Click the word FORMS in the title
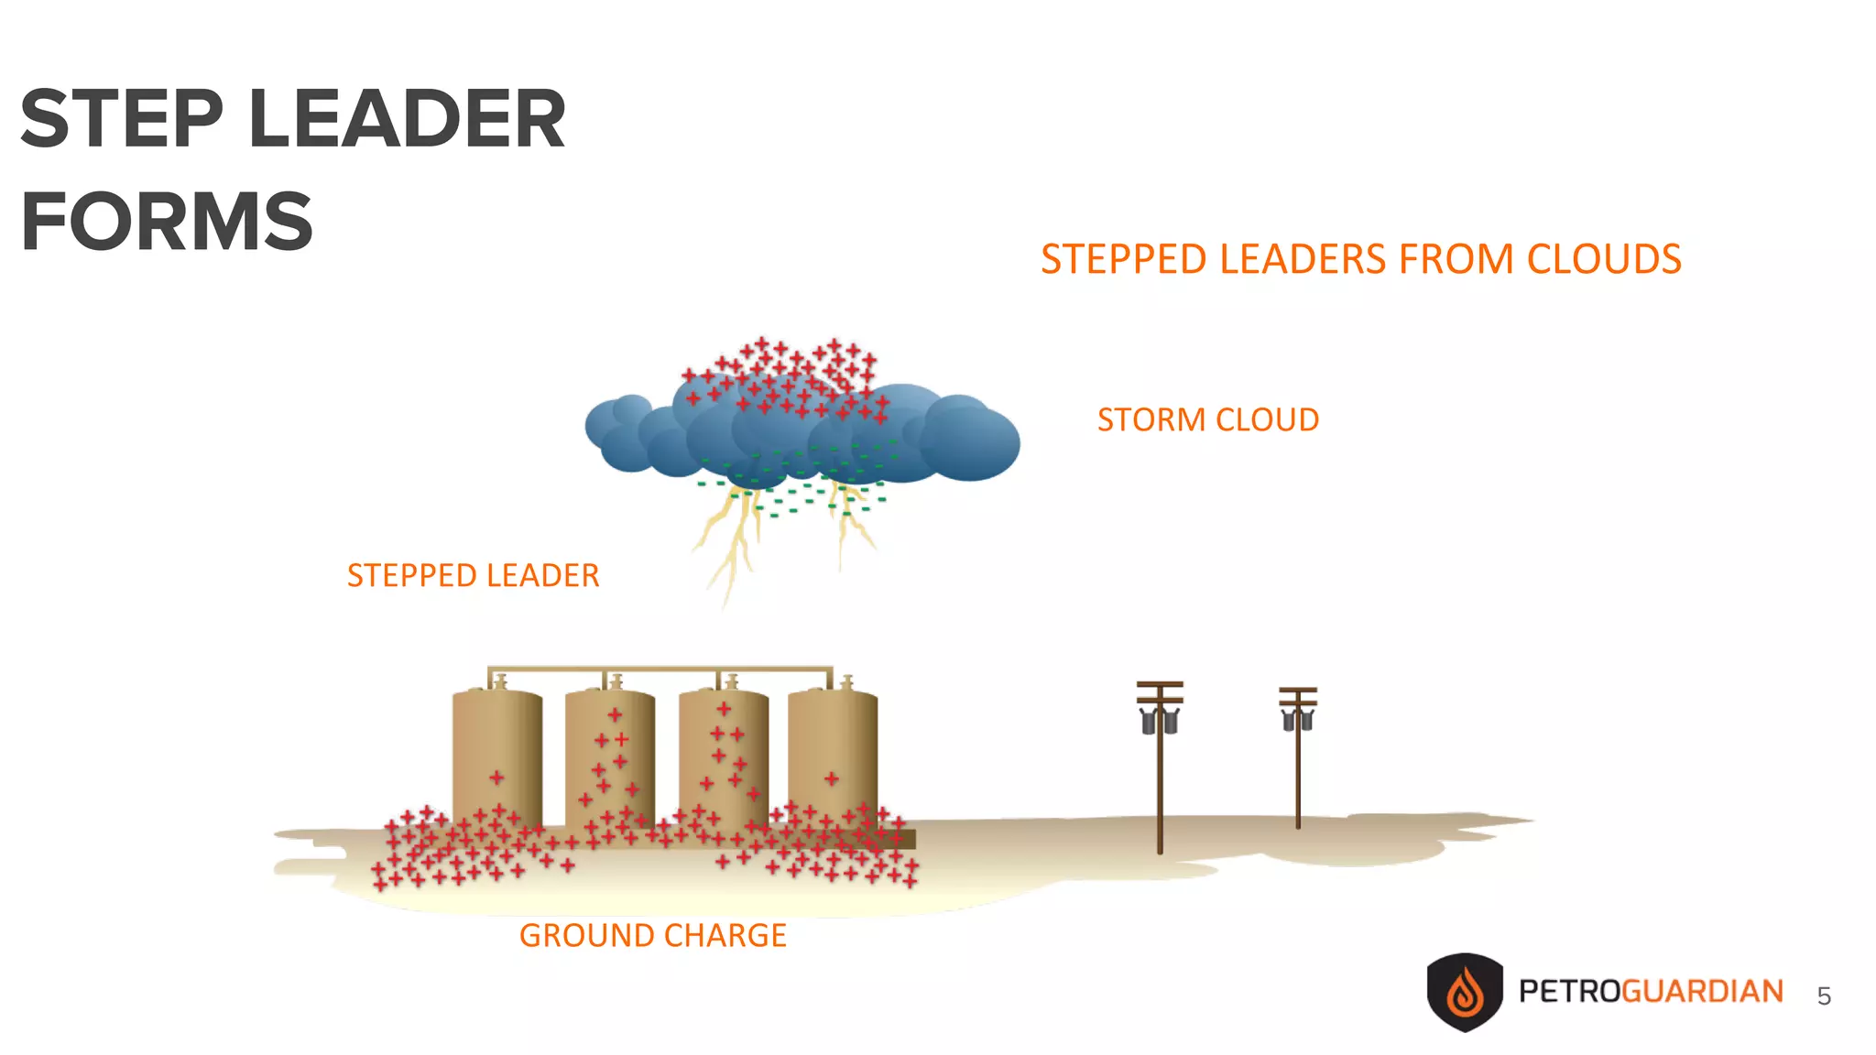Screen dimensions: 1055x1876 (x=167, y=222)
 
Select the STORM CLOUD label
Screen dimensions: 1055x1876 (x=1207, y=419)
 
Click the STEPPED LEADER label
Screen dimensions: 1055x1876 (x=473, y=575)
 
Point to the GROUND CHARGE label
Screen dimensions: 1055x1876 (x=652, y=935)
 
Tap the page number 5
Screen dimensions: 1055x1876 (x=1824, y=996)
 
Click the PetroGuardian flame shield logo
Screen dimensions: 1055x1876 (x=1464, y=992)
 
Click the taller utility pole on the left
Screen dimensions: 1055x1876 (x=1160, y=769)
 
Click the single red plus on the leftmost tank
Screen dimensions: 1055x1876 (x=496, y=778)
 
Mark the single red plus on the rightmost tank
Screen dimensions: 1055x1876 (x=831, y=778)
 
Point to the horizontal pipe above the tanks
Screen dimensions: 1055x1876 (x=660, y=669)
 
